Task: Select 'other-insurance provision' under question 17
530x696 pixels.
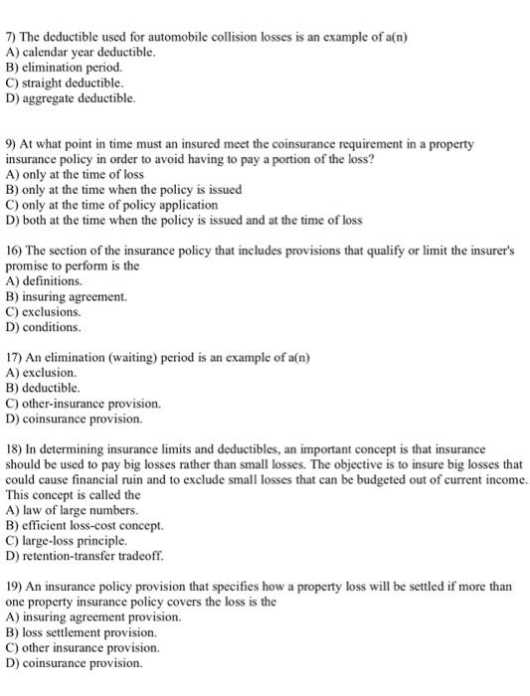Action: point(95,404)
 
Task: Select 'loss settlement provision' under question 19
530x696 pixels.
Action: point(89,632)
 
